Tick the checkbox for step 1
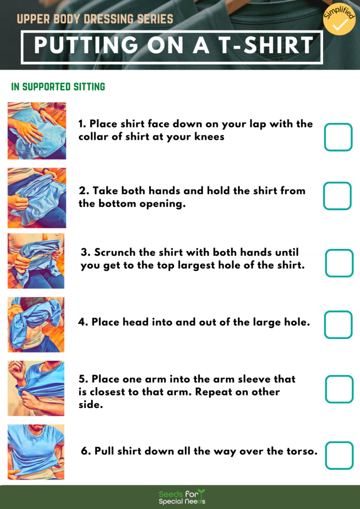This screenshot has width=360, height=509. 338,137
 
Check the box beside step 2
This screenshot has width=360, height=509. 337,196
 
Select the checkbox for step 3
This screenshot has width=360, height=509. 339,263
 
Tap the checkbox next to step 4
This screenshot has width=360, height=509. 338,325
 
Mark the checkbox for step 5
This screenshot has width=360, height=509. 339,389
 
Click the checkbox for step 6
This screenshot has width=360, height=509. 339,455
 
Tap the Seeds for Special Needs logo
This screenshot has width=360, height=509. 181,497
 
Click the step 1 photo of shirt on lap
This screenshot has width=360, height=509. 37,131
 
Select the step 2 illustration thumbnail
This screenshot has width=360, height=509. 37,197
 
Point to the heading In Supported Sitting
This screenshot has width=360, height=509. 58,87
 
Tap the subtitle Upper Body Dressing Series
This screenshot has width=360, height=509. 95,19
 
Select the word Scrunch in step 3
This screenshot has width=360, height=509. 114,253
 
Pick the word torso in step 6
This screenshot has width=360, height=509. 299,451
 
